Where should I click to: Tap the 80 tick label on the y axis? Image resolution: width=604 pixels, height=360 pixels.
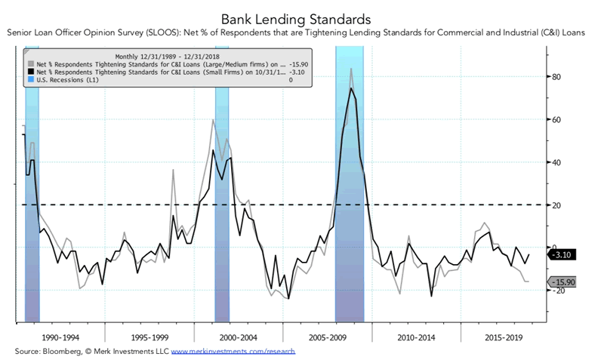pos(558,77)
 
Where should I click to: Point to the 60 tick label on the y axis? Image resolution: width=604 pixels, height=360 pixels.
pos(558,119)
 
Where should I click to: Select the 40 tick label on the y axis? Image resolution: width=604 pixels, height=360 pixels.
pos(558,162)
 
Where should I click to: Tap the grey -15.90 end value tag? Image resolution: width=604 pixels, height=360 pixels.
pos(564,282)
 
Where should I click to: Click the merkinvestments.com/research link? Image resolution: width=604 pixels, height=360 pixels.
pos(233,352)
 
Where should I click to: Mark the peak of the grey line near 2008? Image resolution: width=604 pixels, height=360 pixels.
pos(351,69)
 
